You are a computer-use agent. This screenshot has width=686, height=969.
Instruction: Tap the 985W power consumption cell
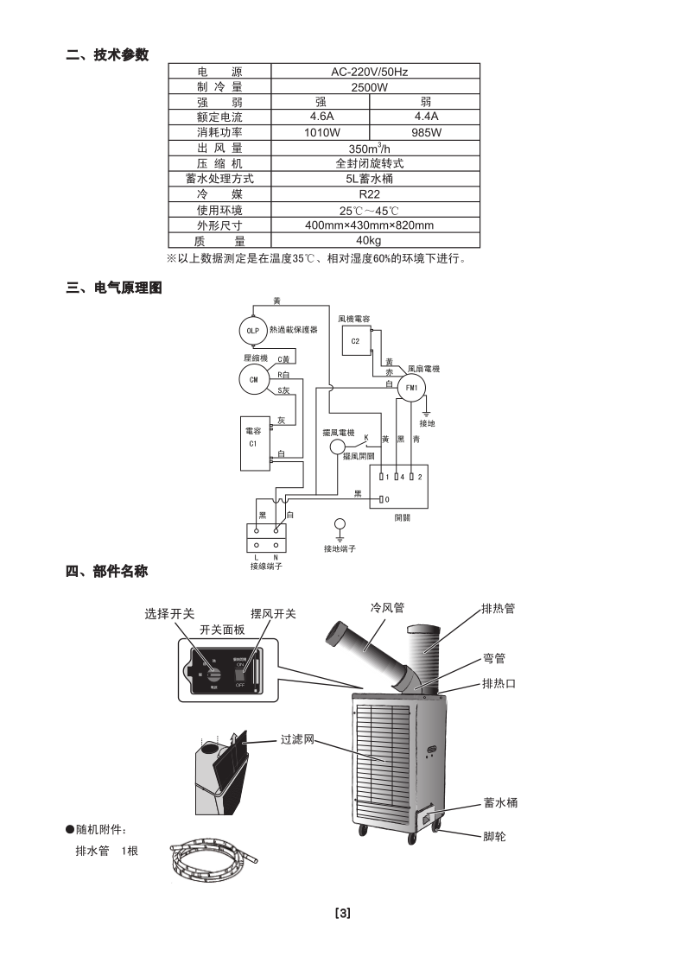tap(426, 132)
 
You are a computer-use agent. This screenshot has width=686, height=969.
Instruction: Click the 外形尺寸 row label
tap(219, 225)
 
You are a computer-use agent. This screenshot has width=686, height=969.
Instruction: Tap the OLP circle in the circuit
tap(252, 330)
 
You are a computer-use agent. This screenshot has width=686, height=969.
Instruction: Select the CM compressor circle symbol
tap(253, 379)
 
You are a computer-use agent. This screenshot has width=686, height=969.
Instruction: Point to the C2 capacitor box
tap(355, 341)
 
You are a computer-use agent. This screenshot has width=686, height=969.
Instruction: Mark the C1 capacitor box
tap(254, 443)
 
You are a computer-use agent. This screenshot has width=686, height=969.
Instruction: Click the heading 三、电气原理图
tap(114, 288)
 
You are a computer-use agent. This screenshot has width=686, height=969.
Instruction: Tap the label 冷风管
tap(387, 607)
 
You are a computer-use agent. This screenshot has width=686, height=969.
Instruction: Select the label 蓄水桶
tap(501, 802)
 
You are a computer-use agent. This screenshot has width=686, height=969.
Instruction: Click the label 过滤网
tap(296, 740)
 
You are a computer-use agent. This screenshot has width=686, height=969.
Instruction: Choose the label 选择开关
tap(169, 614)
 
